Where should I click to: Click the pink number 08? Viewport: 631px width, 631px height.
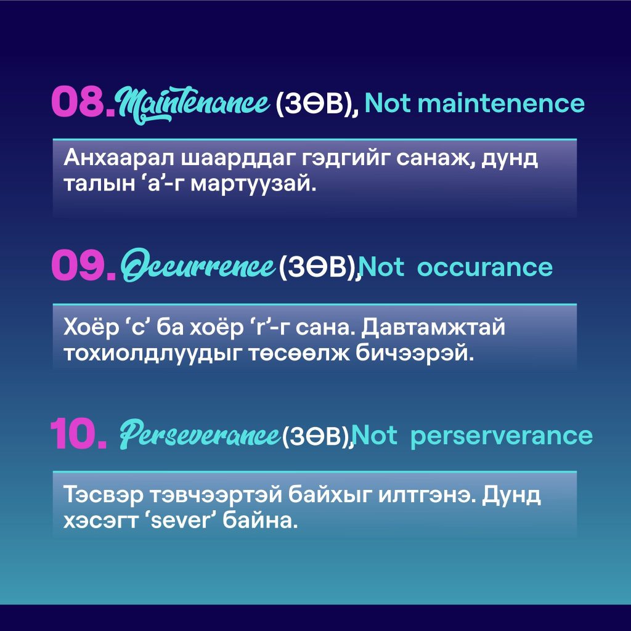pos(83,102)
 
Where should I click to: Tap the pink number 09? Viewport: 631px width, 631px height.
pos(84,266)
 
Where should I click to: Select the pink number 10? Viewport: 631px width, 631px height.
pos(79,433)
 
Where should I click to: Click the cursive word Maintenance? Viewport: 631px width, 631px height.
pos(193,105)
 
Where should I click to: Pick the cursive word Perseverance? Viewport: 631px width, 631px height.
pos(199,434)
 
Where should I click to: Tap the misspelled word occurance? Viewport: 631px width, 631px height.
pos(485,268)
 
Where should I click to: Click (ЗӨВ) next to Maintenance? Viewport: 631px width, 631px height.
pos(315,104)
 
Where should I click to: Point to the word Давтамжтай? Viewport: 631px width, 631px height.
pos(433,328)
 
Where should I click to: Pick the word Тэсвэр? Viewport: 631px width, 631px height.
pos(104,495)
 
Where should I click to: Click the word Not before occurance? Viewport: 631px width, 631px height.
pos(382,267)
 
